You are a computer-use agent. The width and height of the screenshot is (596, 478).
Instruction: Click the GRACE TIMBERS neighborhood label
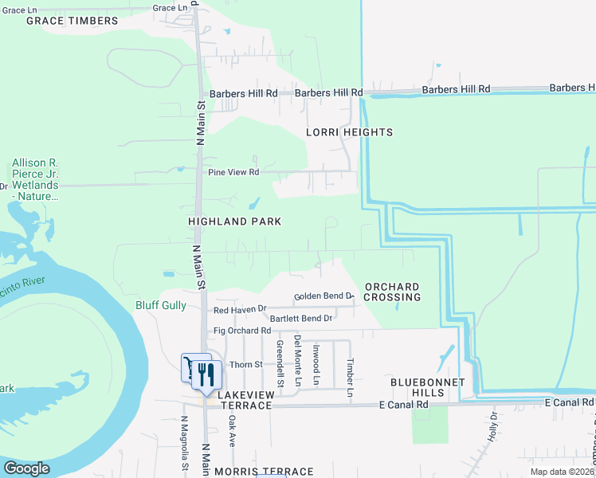click(x=72, y=21)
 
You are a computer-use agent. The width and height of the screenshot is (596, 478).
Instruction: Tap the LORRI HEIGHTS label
click(x=349, y=132)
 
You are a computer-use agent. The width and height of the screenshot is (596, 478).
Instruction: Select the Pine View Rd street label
click(x=233, y=172)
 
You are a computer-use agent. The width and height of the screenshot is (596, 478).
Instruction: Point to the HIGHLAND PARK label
click(x=234, y=221)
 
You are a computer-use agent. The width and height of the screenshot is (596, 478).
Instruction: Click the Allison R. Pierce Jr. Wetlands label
click(x=46, y=179)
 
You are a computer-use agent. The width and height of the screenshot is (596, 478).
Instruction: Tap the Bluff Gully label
click(x=161, y=305)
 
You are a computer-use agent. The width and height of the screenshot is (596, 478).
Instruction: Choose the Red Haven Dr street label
click(x=239, y=309)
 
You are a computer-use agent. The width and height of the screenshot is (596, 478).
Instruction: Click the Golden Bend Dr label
click(x=323, y=296)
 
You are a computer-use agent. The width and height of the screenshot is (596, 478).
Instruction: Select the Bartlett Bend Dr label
click(x=301, y=319)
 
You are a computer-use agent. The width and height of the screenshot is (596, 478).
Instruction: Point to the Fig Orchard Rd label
click(x=242, y=331)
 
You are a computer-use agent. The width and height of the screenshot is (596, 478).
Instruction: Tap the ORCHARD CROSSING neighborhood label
click(x=392, y=292)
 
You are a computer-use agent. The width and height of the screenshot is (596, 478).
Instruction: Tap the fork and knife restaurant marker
click(x=206, y=373)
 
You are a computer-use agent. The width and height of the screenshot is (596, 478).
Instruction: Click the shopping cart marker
click(x=192, y=366)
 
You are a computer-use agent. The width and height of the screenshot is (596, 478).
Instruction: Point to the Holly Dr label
click(x=494, y=421)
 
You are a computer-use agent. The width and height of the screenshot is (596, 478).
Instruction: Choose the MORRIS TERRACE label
click(x=270, y=472)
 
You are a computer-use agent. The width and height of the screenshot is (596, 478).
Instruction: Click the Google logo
click(x=26, y=468)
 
